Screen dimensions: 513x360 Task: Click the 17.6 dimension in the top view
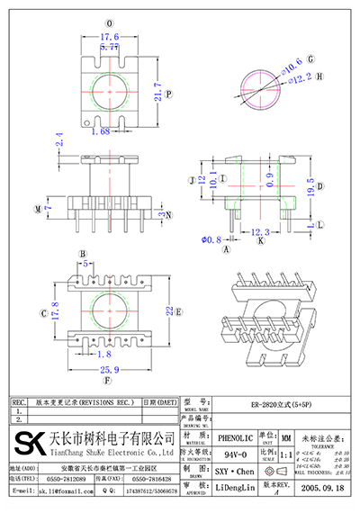click(110, 37)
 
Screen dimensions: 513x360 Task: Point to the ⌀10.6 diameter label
click(290, 64)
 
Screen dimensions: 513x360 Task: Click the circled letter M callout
click(37, 210)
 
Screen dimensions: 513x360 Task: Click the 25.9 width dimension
click(111, 370)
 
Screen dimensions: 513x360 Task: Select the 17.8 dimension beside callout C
click(55, 314)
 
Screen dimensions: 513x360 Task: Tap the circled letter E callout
click(179, 312)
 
